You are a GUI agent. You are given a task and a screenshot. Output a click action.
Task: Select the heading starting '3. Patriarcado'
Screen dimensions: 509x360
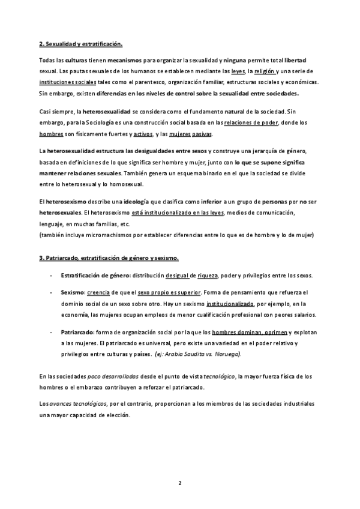pos(109,258)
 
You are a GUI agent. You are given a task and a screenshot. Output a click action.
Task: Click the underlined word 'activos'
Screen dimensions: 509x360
pos(144,133)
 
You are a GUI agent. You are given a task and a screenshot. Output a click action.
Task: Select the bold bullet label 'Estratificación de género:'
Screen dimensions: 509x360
pos(95,276)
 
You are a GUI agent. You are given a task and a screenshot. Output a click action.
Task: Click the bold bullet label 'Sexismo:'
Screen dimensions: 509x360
pos(73,292)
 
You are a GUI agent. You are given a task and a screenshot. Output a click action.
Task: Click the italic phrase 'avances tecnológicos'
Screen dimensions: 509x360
pos(76,403)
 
